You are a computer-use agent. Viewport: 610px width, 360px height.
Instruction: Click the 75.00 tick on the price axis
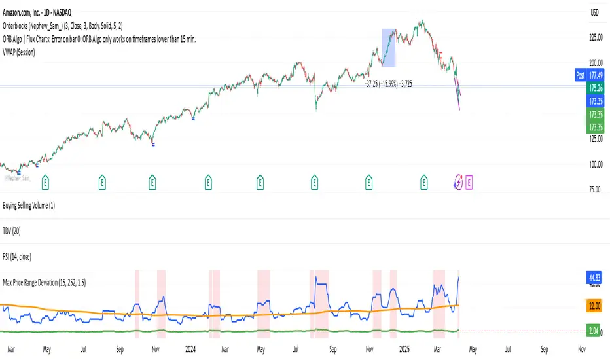[x=593, y=189]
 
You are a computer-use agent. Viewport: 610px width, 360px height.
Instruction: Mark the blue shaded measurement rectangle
[x=389, y=48]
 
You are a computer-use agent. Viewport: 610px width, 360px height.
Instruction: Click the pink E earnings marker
[x=469, y=180]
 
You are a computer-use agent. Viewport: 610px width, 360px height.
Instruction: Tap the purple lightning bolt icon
[x=458, y=180]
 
